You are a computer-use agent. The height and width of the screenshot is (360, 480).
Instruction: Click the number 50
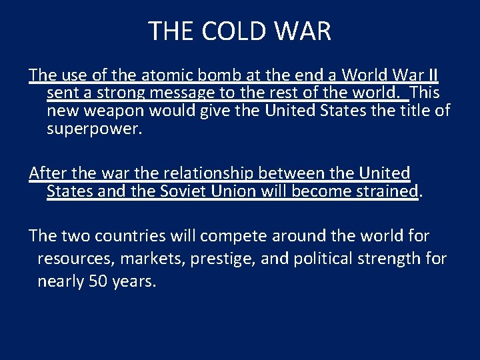[97, 281]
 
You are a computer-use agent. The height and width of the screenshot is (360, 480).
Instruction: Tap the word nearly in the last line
[61, 281]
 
